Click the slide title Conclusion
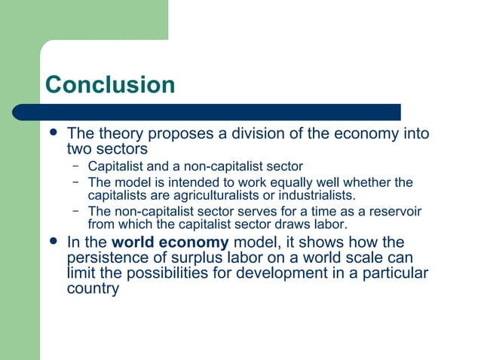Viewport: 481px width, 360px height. (110, 84)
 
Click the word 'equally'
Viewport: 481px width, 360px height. (307, 182)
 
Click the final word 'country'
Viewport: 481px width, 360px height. (93, 288)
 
